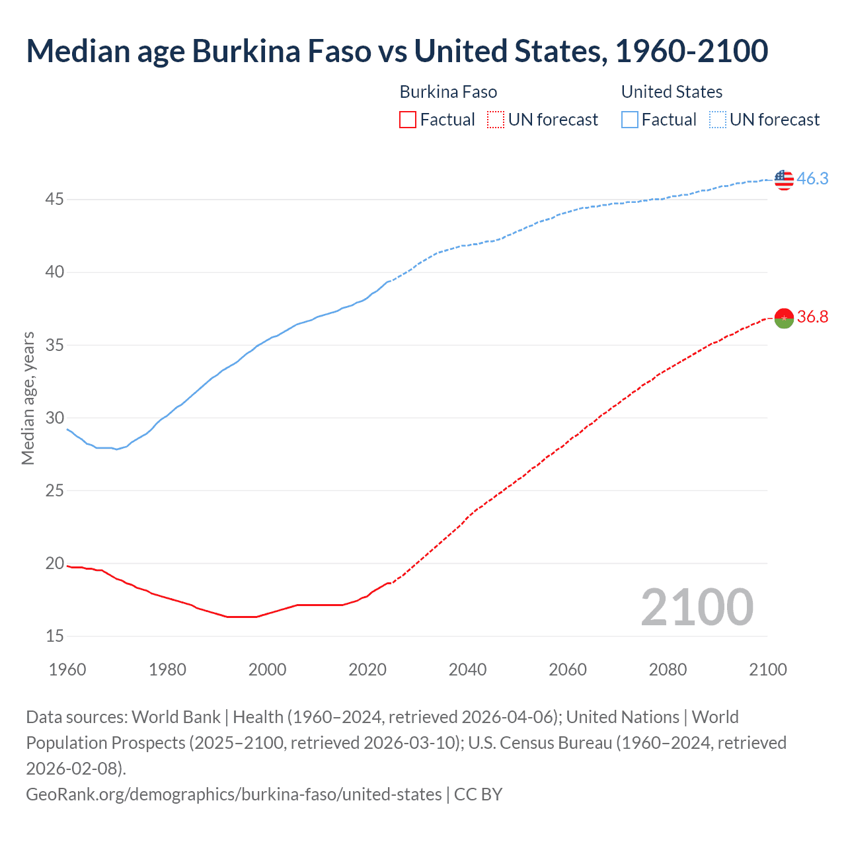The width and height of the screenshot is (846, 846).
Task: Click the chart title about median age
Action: (x=397, y=52)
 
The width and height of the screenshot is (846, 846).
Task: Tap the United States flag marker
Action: (x=784, y=179)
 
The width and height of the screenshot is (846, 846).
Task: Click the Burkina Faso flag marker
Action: (x=784, y=318)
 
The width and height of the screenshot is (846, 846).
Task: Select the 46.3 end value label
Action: (x=812, y=179)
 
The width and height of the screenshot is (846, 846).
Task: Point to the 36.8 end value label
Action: (x=812, y=317)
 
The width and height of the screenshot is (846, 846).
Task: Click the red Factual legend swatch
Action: (x=408, y=120)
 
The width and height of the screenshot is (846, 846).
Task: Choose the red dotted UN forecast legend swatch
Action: (x=496, y=120)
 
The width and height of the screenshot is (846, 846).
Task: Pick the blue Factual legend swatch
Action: (x=630, y=120)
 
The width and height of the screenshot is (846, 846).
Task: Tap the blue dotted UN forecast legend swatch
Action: (x=718, y=120)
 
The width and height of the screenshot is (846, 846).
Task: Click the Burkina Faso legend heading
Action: (x=448, y=92)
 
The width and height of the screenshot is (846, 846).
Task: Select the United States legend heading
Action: (x=672, y=92)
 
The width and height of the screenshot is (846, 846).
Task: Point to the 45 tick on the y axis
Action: (x=54, y=199)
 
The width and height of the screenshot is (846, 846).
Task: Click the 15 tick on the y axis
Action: (x=54, y=636)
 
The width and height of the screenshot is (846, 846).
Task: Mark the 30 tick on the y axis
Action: (x=54, y=418)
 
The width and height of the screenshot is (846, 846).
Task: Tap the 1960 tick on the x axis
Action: (x=67, y=670)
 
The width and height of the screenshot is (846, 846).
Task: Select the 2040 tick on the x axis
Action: (x=467, y=670)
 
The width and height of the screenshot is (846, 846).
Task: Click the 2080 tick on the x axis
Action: (x=668, y=670)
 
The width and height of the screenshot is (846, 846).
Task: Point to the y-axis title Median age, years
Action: (x=28, y=399)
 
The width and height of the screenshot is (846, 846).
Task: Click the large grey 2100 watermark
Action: (x=697, y=607)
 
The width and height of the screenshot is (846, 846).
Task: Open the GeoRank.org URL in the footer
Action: (x=233, y=794)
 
